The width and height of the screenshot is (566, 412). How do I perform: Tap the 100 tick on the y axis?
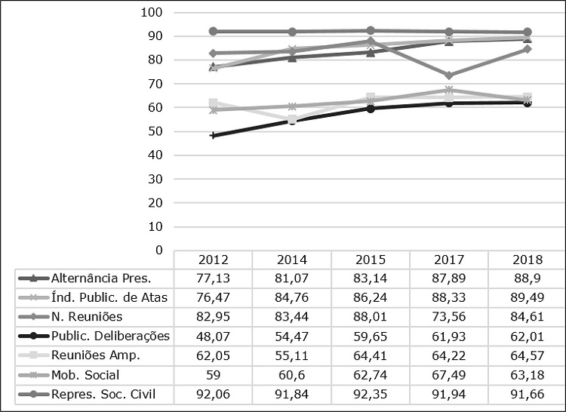(152, 13)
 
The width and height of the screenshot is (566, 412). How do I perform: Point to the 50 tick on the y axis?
(155, 131)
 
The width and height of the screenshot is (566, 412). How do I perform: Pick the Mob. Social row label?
(85, 374)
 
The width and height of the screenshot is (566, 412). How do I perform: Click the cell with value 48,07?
(213, 335)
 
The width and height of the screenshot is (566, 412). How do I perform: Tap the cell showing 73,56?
(448, 316)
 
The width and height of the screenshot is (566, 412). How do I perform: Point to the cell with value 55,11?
(291, 355)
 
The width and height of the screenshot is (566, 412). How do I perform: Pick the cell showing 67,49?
(448, 374)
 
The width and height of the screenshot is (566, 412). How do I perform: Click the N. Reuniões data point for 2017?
(448, 75)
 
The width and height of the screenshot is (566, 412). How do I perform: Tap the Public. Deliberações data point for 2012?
(213, 136)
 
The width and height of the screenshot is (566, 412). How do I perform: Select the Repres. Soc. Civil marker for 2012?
(213, 32)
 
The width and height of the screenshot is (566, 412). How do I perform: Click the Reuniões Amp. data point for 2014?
(291, 119)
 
